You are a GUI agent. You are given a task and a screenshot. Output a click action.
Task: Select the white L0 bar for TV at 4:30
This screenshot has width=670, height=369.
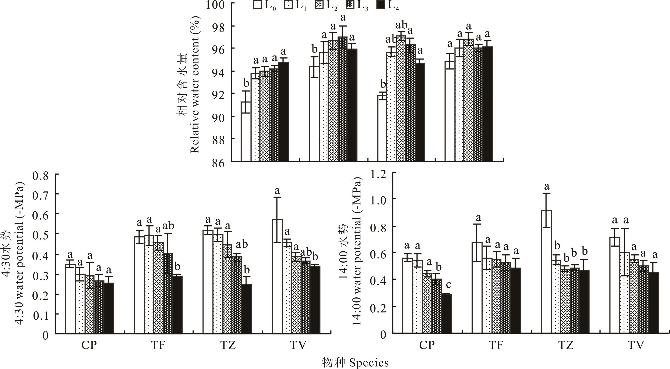(x=278, y=276)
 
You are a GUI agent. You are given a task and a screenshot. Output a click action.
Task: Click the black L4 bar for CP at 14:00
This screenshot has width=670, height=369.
(x=447, y=314)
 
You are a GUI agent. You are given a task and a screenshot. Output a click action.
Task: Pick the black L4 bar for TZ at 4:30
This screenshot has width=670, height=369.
(x=247, y=309)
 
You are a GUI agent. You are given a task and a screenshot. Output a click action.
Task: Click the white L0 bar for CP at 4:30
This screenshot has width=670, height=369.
(x=70, y=299)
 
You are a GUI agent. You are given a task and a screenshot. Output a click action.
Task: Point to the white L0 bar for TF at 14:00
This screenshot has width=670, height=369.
(x=477, y=288)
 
